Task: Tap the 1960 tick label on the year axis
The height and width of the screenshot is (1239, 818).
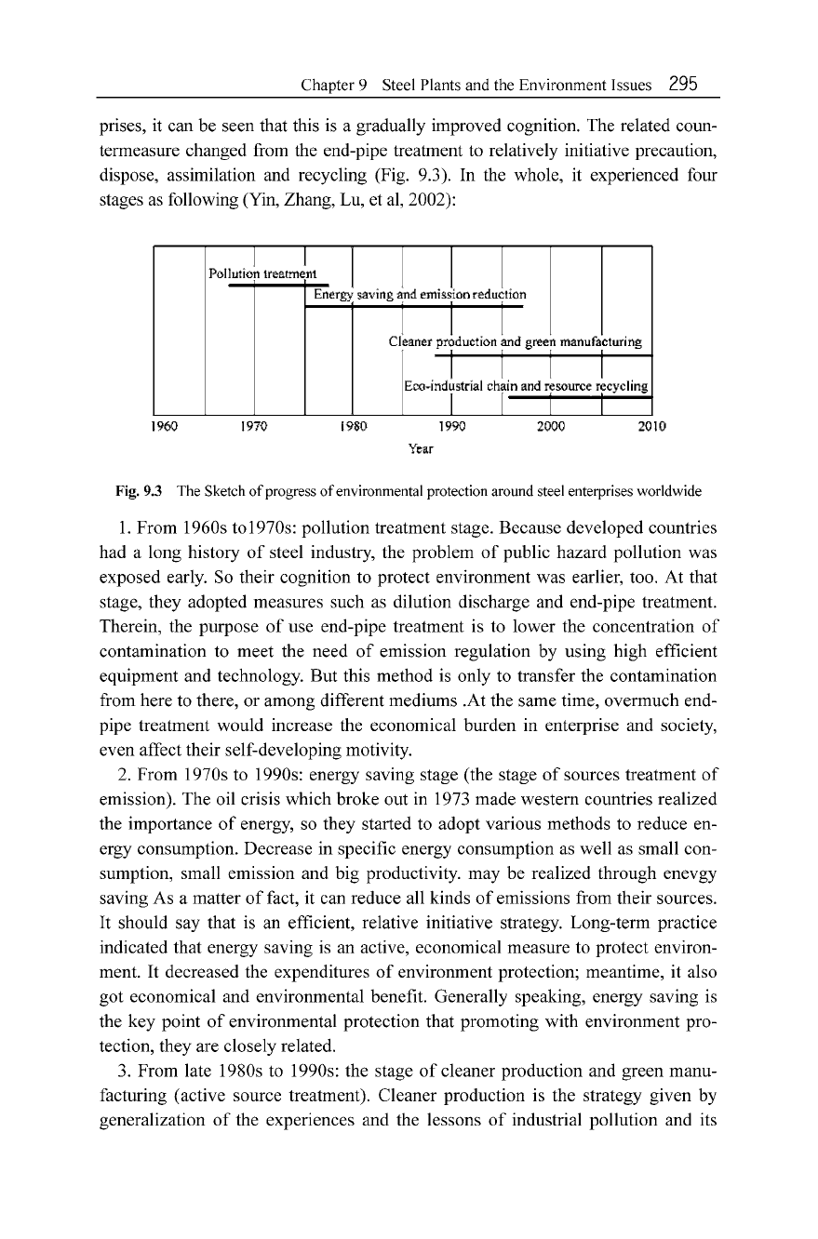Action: coord(164,429)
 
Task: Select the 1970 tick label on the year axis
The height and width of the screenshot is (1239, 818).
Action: coord(253,429)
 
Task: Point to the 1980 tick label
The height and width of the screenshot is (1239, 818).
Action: coord(353,429)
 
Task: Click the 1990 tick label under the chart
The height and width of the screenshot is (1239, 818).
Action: coord(451,429)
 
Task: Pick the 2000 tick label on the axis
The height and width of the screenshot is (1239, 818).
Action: coord(551,429)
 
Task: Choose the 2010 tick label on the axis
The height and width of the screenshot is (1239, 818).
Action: coord(648,429)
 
